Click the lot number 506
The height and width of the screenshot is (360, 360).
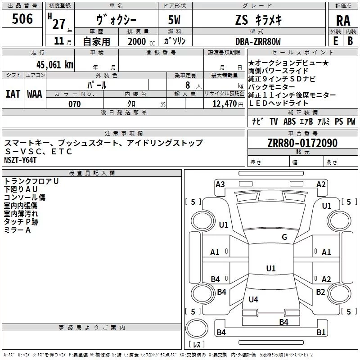click(22, 19)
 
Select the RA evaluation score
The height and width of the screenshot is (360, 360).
click(343, 21)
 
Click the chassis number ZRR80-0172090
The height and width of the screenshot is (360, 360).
click(302, 143)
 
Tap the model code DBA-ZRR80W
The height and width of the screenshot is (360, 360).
click(258, 41)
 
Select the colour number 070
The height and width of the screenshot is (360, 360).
click(74, 104)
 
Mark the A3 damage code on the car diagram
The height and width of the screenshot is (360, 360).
click(220, 184)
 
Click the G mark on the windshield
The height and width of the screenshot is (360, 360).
click(284, 237)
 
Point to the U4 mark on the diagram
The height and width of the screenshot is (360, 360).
click(253, 299)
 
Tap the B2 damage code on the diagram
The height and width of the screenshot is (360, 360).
click(320, 292)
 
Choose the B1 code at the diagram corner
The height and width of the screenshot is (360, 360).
click(321, 333)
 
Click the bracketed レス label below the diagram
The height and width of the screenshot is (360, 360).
click(197, 344)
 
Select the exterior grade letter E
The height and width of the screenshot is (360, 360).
click(335, 40)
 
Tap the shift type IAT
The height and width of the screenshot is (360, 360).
click(13, 94)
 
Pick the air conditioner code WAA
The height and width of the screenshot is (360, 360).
click(35, 94)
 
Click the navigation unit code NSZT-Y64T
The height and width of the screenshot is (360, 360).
click(21, 160)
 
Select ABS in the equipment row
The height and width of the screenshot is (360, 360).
click(290, 121)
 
